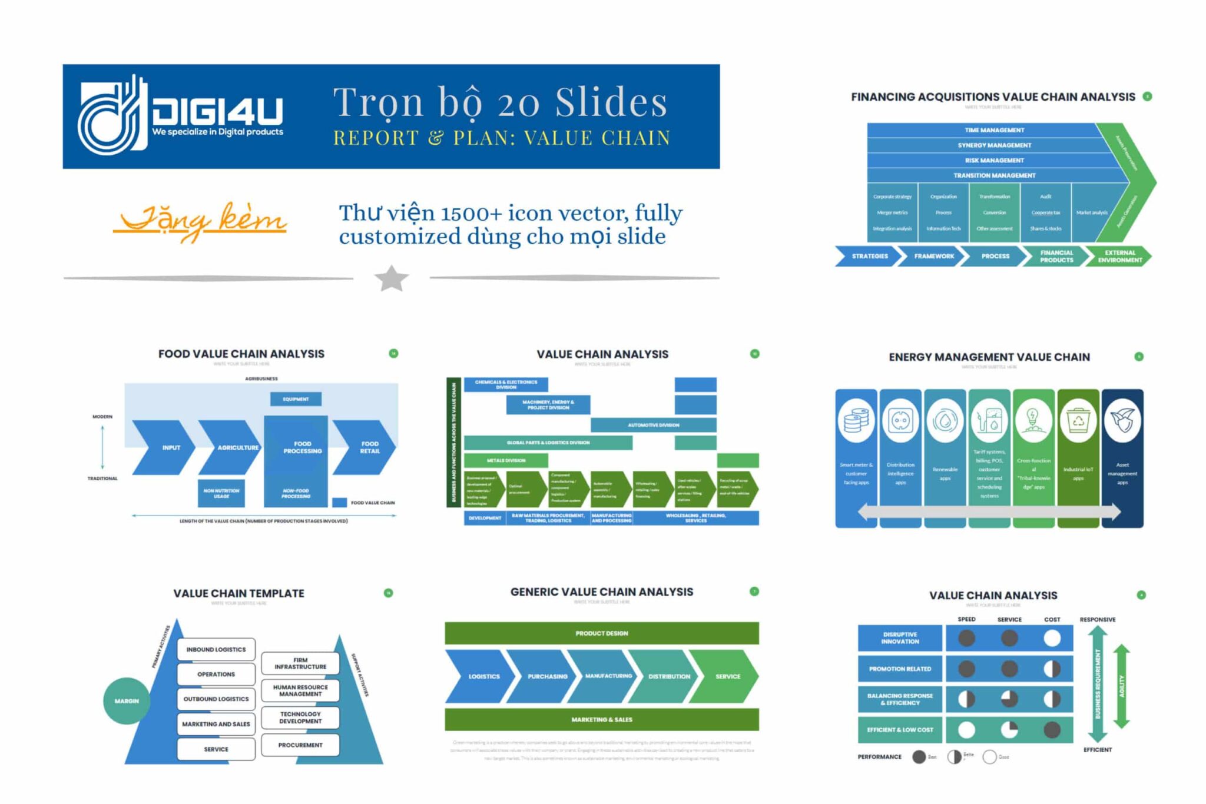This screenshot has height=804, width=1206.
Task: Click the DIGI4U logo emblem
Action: tap(112, 116)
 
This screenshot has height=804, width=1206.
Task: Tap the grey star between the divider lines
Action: tap(392, 278)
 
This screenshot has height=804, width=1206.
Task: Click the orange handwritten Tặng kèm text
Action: tap(200, 220)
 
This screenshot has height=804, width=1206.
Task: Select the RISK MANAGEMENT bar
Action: tap(994, 160)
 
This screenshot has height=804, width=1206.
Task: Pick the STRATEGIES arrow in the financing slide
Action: tap(869, 256)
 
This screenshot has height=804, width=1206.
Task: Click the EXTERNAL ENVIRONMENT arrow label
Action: tap(1119, 256)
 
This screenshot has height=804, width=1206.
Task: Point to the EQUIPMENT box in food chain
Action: tap(296, 399)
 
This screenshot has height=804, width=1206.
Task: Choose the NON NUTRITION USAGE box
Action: tap(221, 493)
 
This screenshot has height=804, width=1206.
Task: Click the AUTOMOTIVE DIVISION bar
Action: tap(653, 425)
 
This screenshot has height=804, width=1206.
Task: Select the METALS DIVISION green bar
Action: tap(506, 460)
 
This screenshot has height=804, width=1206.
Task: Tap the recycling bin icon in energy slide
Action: tap(1078, 420)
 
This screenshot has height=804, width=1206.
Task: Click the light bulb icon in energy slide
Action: tap(1033, 420)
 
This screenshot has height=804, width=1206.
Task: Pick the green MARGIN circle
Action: tap(127, 700)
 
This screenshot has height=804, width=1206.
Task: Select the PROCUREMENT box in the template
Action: tap(300, 745)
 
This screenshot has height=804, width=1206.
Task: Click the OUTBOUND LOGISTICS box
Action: tap(216, 699)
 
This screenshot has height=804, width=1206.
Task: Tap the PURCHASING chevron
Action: tap(547, 676)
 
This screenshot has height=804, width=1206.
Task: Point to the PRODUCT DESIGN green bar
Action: tap(601, 633)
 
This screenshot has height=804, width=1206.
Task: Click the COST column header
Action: tap(1052, 619)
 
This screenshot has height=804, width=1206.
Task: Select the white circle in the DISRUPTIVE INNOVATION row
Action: tap(1052, 638)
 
